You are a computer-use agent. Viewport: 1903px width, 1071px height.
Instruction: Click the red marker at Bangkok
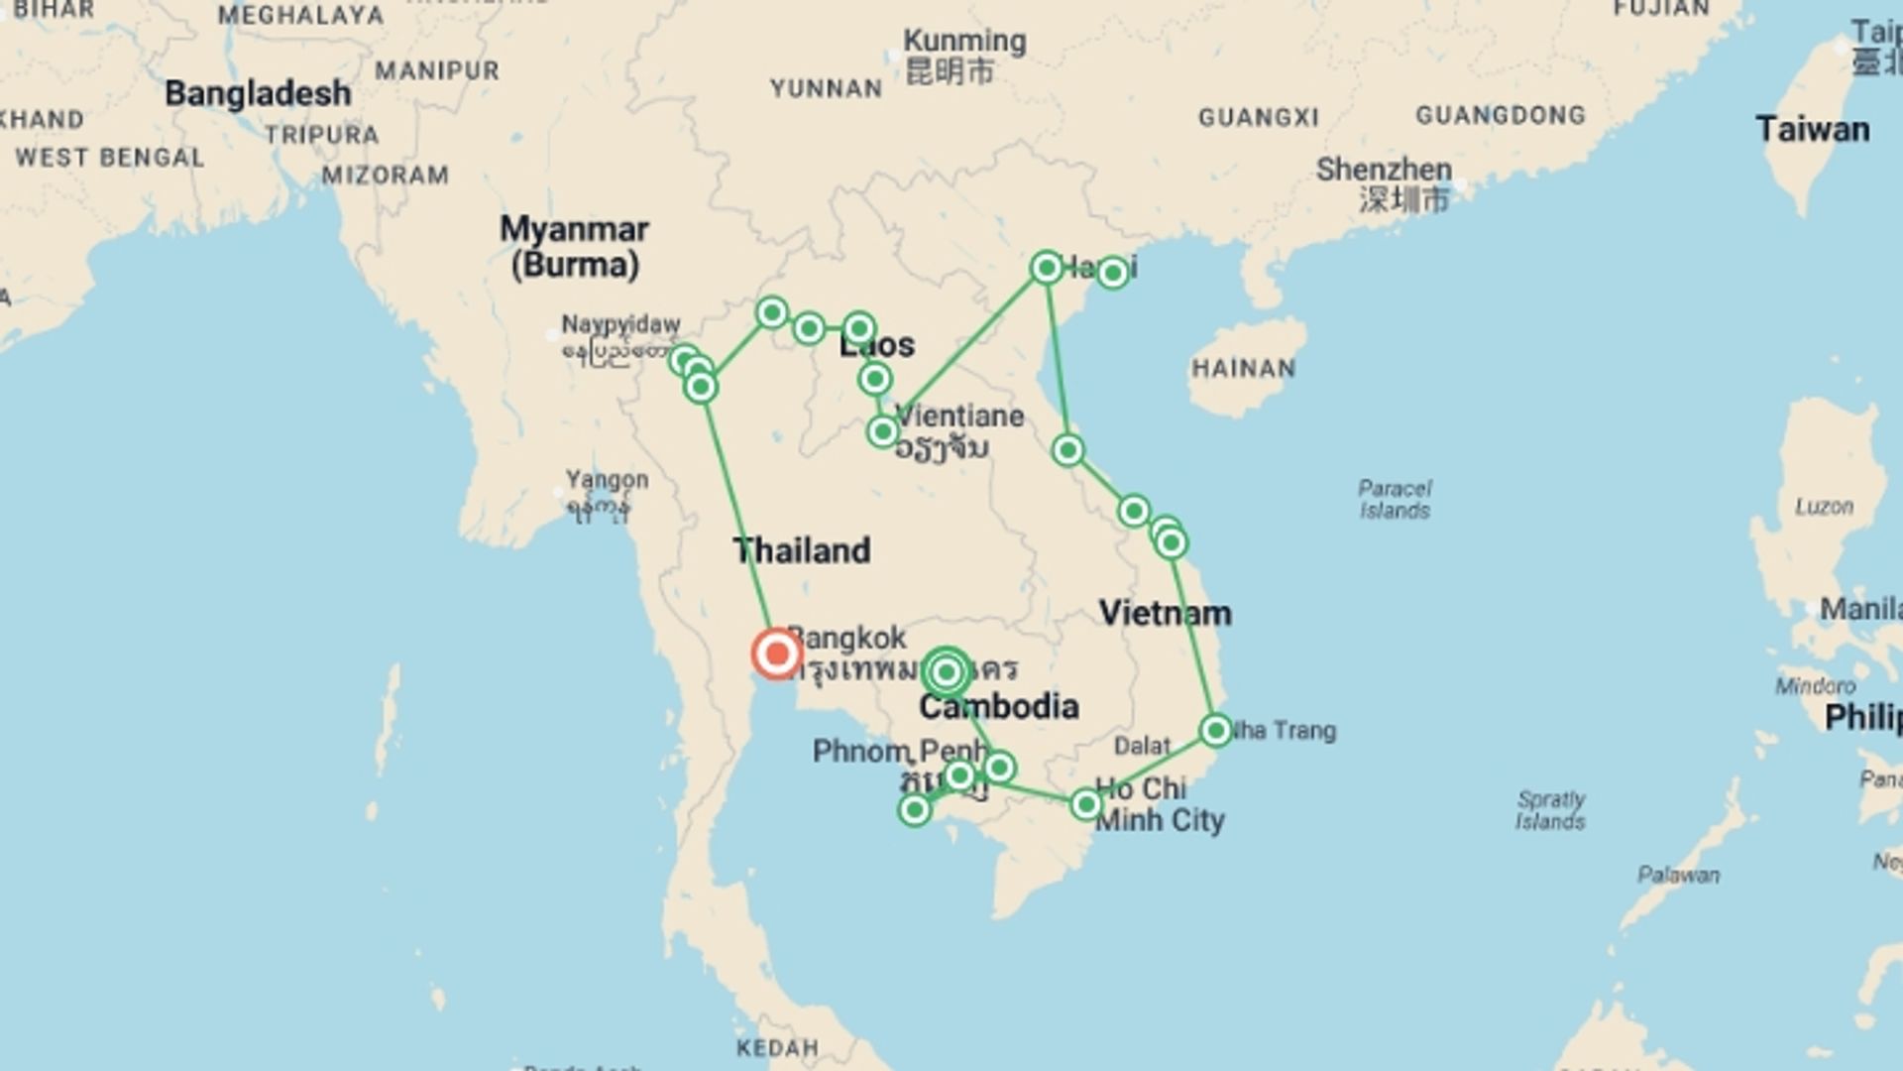776,654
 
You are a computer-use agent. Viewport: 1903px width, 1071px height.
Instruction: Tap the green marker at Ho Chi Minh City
1086,804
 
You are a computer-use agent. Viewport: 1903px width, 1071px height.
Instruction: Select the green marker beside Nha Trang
1216,731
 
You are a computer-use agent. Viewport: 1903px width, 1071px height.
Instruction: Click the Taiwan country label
1812,129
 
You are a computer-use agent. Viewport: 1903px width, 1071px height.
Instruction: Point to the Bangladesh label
258,93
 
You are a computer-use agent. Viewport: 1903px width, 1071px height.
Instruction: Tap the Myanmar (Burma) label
574,246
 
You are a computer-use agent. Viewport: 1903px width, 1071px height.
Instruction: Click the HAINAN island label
1243,368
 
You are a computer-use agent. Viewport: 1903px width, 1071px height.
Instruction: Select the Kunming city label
964,42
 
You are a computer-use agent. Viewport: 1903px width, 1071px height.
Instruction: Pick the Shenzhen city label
1384,170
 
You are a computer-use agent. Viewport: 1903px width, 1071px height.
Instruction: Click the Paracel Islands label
1395,499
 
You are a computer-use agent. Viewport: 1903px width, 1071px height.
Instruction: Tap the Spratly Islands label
1550,809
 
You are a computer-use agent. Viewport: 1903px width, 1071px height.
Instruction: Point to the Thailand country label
801,550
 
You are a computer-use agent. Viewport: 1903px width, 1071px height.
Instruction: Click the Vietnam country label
1165,613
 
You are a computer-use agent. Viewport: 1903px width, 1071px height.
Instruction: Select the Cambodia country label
998,706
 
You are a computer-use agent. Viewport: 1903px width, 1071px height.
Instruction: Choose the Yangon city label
607,480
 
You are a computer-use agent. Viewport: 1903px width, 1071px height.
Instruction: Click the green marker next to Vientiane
882,431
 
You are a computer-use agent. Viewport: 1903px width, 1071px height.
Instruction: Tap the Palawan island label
1678,875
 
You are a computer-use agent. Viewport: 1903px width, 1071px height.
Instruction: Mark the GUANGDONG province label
1500,115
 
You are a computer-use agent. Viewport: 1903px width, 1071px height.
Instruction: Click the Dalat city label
1142,746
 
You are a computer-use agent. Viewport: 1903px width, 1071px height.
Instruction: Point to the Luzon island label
1823,507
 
